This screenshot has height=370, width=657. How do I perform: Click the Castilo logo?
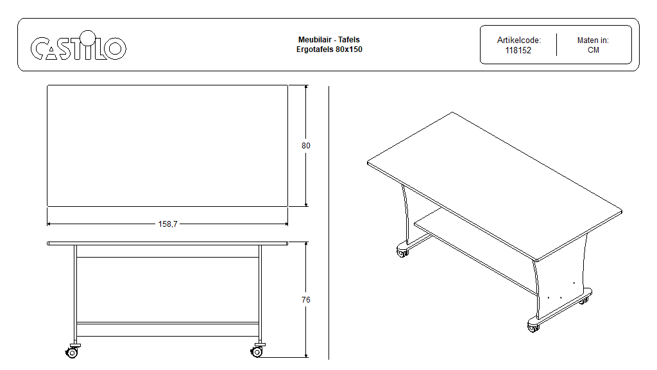click(78, 46)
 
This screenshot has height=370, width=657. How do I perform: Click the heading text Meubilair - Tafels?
click(329, 40)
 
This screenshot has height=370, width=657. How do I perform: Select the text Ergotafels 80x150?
click(329, 49)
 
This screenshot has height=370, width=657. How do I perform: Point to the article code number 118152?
click(518, 50)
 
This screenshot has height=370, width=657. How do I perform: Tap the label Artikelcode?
click(518, 40)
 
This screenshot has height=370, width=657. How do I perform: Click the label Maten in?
click(593, 40)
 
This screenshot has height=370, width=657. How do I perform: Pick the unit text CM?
click(593, 50)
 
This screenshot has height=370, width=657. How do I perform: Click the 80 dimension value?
click(306, 146)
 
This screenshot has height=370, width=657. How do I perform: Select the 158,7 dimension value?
click(167, 224)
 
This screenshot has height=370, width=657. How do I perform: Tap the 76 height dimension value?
click(306, 300)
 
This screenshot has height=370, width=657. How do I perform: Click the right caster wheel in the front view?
click(257, 351)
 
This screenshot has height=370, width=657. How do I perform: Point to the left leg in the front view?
click(76, 294)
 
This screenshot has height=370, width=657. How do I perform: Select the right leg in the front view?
click(260, 294)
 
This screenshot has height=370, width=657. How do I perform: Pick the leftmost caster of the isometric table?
click(402, 252)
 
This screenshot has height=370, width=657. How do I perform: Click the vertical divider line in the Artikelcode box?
click(556, 44)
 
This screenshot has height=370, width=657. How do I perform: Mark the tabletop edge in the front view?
click(167, 243)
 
